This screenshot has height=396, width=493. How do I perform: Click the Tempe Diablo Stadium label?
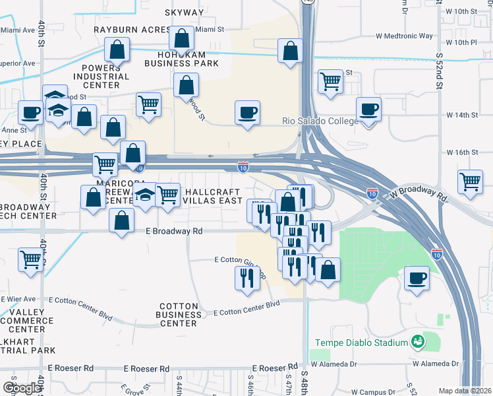pyautogui.click(x=362, y=343)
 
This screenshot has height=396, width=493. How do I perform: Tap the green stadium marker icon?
pyautogui.click(x=417, y=342)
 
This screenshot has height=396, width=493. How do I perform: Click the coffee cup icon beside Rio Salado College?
pyautogui.click(x=368, y=110)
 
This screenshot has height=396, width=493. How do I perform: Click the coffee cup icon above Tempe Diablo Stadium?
pyautogui.click(x=416, y=278)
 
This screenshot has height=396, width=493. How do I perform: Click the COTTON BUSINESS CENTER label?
pyautogui.click(x=178, y=315)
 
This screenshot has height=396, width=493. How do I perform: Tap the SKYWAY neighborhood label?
pyautogui.click(x=185, y=13)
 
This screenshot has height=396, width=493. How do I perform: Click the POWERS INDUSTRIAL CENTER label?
pyautogui.click(x=101, y=77)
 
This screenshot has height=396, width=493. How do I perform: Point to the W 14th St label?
pyautogui.click(x=461, y=115)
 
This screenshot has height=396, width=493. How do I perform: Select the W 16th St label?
pyautogui.click(x=461, y=152)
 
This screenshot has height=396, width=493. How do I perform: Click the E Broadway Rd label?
pyautogui.click(x=174, y=232)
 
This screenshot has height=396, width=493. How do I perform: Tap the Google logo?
pyautogui.click(x=22, y=387)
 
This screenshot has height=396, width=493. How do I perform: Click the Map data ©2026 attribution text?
pyautogui.click(x=465, y=391)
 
